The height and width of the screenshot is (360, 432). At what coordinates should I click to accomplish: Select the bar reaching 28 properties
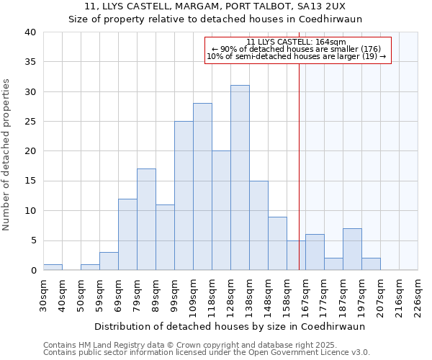pyautogui.click(x=202, y=186)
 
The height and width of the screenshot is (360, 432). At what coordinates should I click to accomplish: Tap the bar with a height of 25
pyautogui.click(x=184, y=196)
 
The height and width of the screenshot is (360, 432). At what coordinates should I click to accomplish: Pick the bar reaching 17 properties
pyautogui.click(x=146, y=220)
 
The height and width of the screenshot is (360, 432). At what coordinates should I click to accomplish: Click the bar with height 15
pyautogui.click(x=258, y=225)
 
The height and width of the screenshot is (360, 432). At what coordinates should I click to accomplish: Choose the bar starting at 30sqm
pyautogui.click(x=53, y=267)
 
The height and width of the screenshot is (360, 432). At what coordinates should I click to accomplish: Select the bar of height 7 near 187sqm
pyautogui.click(x=352, y=249)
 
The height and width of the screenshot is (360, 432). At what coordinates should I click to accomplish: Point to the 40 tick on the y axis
pyautogui.click(x=30, y=32)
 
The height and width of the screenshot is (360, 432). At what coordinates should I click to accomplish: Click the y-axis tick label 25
pyautogui.click(x=30, y=122)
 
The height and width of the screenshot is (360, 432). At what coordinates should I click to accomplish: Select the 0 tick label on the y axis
pyautogui.click(x=32, y=271)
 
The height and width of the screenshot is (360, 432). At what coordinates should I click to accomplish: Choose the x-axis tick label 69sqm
pyautogui.click(x=118, y=294)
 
